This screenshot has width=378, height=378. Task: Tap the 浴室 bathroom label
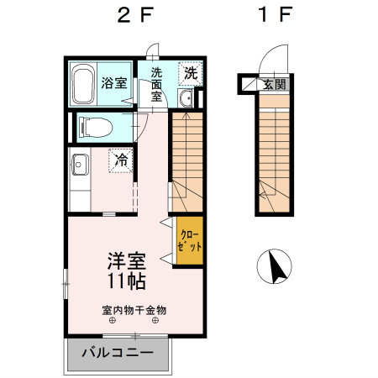click(114, 83)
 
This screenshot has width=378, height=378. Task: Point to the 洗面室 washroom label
click(156, 84)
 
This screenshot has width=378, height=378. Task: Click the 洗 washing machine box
click(191, 74)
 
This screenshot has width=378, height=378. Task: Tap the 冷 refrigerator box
click(120, 159)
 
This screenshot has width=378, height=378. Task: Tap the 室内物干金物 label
click(134, 310)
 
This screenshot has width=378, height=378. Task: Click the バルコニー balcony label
click(118, 353)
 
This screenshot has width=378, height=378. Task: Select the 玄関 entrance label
click(274, 84)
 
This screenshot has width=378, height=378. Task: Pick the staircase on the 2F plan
click(187, 160)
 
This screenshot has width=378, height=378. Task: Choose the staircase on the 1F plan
click(275, 151)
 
